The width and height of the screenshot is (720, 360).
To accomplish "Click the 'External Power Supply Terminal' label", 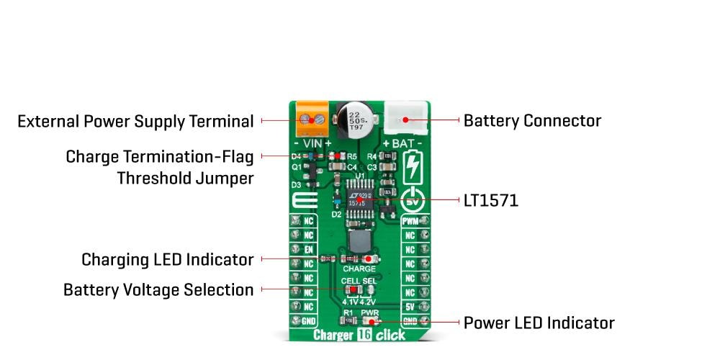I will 135,121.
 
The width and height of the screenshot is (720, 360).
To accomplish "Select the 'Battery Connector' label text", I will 532,120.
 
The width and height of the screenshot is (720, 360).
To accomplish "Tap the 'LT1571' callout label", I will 490,200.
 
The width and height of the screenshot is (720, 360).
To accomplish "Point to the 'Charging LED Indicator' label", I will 167,258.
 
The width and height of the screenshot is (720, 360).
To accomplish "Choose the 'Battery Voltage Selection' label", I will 158,289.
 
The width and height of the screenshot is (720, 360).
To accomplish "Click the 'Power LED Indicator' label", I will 539,322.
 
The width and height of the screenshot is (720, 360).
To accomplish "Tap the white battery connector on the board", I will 403,117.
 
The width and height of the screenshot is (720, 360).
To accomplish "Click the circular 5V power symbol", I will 412,199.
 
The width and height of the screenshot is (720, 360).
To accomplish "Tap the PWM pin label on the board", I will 410,221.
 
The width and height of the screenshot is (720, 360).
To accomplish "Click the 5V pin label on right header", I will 410,307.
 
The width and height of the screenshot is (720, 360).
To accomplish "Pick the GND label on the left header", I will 308,320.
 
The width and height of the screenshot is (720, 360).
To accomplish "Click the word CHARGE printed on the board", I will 360,269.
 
